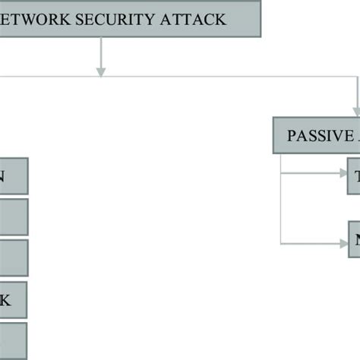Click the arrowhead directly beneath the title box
pos(100,71)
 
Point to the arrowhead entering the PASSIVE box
pos(355,112)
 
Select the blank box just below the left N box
pos(14,216)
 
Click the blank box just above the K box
pos(14,258)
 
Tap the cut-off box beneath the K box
pos(14,341)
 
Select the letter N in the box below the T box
pos(355,241)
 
